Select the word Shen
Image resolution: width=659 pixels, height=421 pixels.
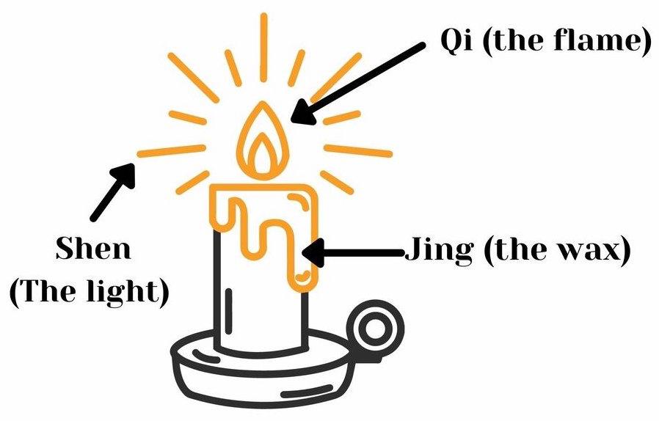point(93,249)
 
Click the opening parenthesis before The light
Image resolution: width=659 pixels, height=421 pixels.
point(16,292)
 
